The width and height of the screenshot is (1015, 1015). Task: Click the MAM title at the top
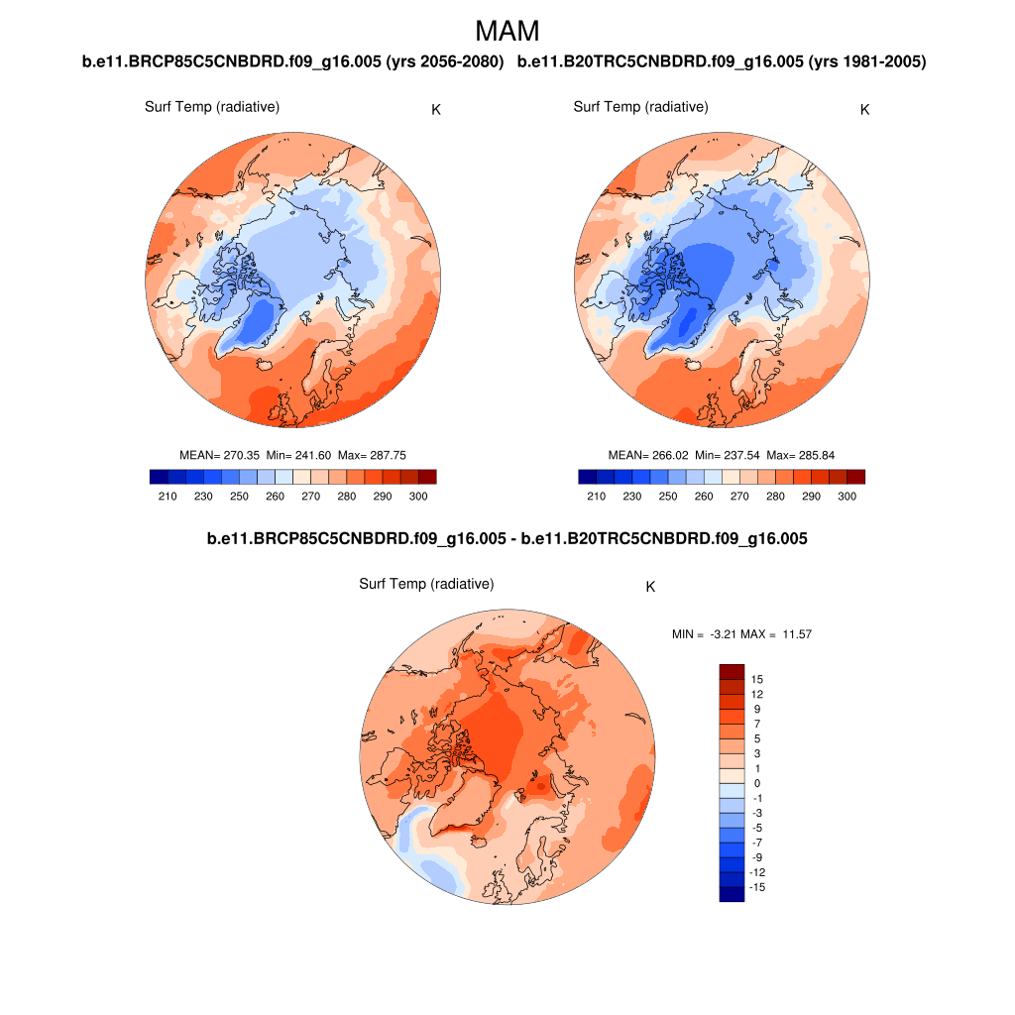pyautogui.click(x=507, y=31)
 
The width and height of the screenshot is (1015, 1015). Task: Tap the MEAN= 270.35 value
pyautogui.click(x=219, y=455)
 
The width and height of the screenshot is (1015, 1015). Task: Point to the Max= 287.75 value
pyautogui.click(x=373, y=455)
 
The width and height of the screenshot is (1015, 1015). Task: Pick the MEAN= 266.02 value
pyautogui.click(x=648, y=455)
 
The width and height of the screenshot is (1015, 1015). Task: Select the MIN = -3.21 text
pyautogui.click(x=705, y=633)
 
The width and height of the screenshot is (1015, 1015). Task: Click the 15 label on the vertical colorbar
pyautogui.click(x=757, y=680)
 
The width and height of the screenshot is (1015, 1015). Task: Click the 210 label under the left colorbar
pyautogui.click(x=168, y=497)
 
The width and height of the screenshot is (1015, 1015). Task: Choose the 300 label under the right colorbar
pyautogui.click(x=846, y=497)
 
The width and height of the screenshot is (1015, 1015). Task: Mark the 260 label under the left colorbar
pyautogui.click(x=275, y=497)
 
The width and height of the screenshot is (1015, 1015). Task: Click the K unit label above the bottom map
pyautogui.click(x=650, y=587)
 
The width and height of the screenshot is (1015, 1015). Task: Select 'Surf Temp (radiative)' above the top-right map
pyautogui.click(x=640, y=107)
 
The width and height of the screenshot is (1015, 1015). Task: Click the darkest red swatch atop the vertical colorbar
pyautogui.click(x=732, y=672)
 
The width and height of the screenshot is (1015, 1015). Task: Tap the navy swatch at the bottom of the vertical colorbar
pyautogui.click(x=732, y=894)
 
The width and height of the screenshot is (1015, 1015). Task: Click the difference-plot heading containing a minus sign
pyautogui.click(x=507, y=539)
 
